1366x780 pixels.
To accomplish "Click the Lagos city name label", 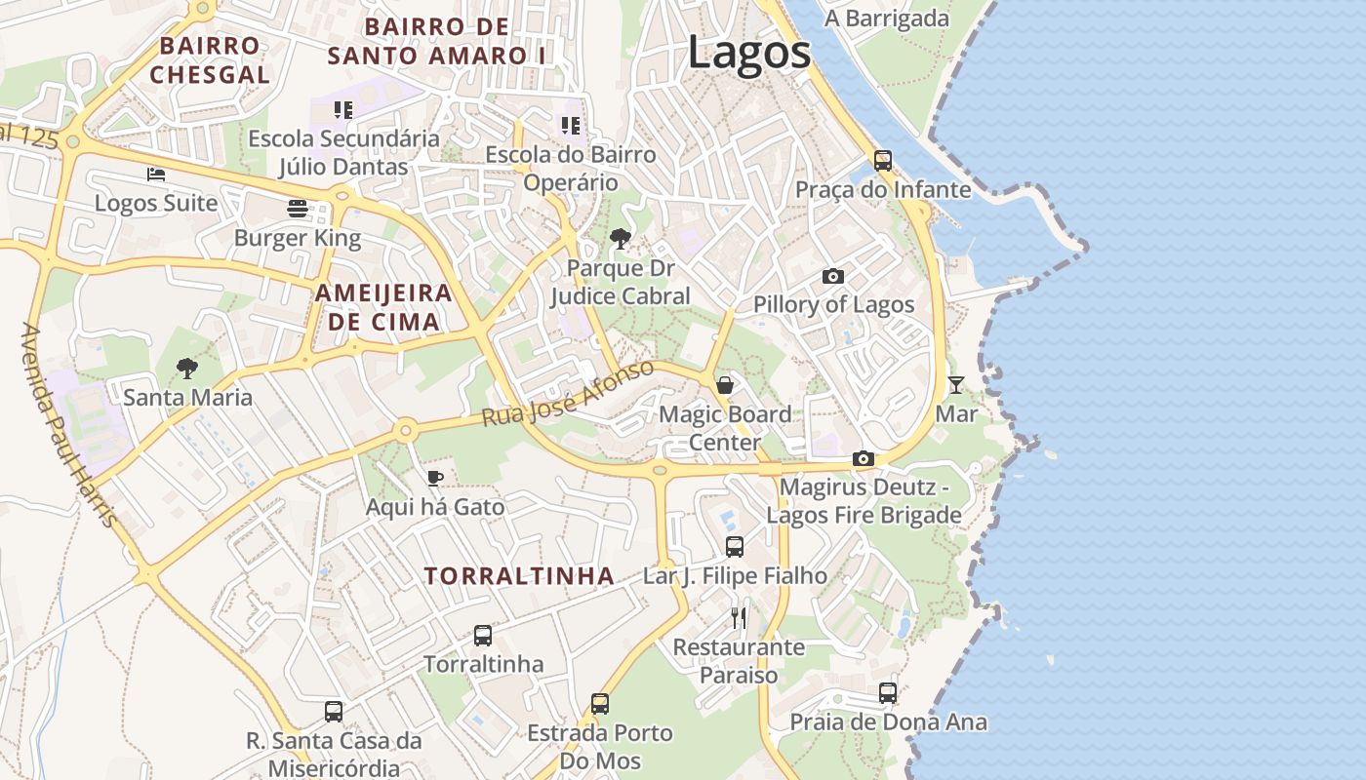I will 748,52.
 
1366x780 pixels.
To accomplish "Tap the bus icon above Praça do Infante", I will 883,161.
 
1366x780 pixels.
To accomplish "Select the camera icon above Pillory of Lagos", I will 832,277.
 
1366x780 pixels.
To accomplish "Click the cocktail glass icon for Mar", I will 956,385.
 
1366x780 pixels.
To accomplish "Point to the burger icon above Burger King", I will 298,209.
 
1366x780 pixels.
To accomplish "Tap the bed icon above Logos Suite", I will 156,175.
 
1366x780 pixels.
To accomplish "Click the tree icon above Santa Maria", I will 187,369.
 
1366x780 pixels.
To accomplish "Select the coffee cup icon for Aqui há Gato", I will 435,478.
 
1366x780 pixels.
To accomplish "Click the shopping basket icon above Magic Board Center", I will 725,385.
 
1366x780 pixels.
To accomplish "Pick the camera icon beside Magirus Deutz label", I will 863,458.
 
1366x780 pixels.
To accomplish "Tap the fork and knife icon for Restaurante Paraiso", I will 739,617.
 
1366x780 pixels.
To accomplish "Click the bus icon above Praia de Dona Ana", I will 888,693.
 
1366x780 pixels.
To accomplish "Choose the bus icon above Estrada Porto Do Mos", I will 600,704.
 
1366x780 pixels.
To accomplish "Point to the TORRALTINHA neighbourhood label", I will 519,576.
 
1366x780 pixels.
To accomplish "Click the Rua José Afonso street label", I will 568,393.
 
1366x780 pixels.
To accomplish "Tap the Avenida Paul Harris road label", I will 68,425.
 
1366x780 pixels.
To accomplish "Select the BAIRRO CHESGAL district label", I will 210,59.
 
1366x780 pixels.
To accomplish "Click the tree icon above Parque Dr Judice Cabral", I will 620,239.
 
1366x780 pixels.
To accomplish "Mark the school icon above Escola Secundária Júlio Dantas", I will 342,110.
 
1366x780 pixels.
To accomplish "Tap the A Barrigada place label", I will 886,19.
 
